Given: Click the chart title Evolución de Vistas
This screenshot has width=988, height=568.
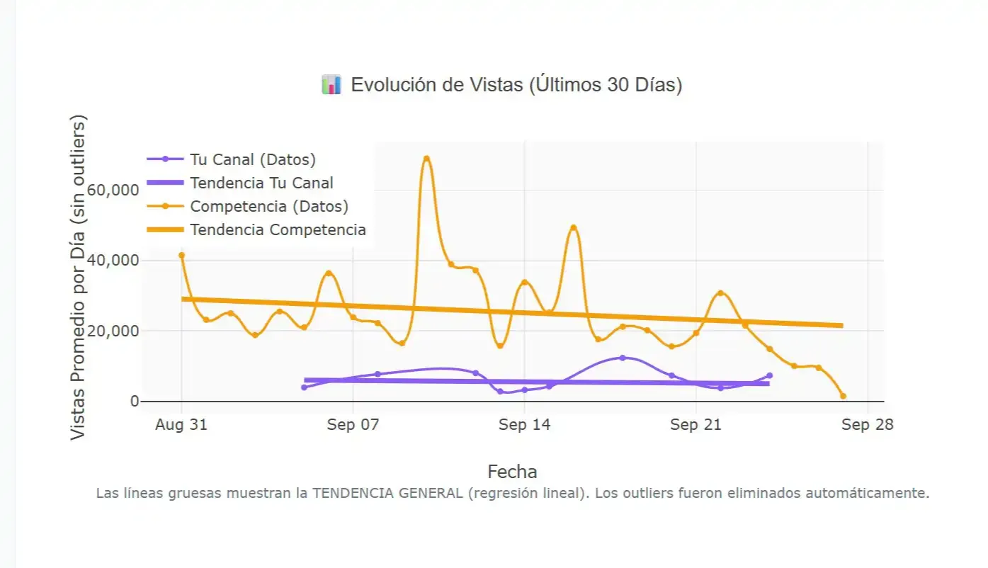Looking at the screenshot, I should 516,85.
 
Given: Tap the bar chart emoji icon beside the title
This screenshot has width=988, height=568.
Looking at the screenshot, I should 331,85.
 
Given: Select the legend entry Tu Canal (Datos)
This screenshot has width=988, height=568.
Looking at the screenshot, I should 252,159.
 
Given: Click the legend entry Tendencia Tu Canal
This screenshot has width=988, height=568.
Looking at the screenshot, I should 261,183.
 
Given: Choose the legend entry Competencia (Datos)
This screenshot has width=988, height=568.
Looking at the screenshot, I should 268,206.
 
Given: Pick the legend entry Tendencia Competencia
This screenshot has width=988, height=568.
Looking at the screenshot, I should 278,229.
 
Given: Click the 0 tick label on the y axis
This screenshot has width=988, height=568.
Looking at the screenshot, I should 134,402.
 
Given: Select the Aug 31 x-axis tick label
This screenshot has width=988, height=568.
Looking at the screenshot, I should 181,425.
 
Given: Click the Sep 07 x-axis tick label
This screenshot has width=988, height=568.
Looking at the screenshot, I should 353,425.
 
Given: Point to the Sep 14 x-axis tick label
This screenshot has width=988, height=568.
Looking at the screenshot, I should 524,425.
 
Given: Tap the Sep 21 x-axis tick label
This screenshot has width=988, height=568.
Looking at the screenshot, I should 695,425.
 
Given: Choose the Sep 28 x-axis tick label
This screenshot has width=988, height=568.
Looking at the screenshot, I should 867,425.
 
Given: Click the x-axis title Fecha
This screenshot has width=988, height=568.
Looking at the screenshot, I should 512,472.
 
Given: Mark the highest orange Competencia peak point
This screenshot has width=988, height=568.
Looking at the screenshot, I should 426,159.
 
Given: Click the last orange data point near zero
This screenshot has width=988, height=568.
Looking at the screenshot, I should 843,396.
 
